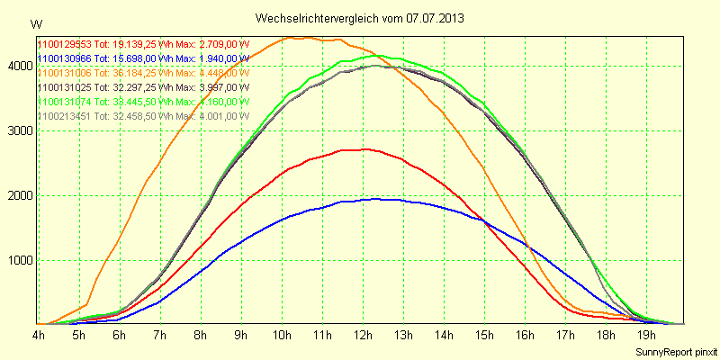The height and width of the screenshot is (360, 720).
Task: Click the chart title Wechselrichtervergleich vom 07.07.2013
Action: tap(360, 18)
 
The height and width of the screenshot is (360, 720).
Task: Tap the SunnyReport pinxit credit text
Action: tap(675, 351)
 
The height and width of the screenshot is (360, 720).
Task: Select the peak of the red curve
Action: tap(364, 149)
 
